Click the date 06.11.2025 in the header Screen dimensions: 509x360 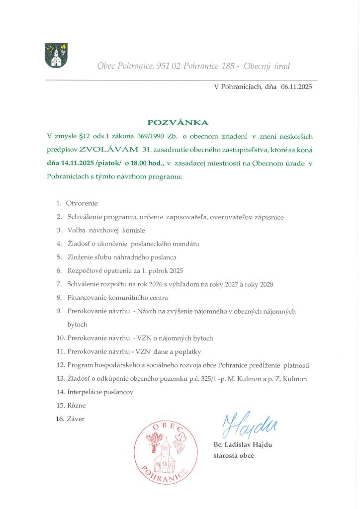point(296,86)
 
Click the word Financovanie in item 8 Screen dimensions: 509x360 point(88,298)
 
